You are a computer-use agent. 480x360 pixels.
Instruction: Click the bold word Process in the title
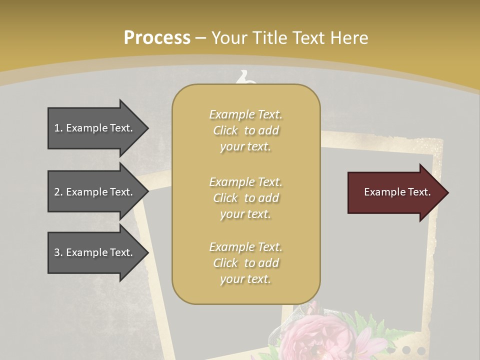[157, 38]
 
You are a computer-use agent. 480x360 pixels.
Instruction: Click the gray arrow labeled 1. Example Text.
[95, 128]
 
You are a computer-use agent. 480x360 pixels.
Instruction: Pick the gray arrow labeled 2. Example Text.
[95, 192]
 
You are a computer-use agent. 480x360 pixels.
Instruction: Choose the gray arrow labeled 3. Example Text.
[95, 252]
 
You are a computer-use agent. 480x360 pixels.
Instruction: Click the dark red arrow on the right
[395, 192]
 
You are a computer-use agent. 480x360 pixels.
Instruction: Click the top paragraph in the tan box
[245, 130]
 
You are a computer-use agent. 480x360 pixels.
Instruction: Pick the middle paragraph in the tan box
[245, 198]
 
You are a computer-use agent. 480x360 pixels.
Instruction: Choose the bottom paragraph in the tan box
[245, 263]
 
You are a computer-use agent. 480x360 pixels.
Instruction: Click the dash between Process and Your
[200, 38]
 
